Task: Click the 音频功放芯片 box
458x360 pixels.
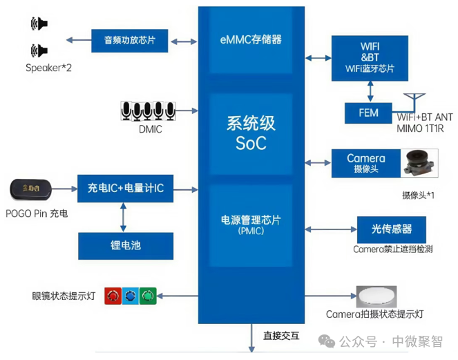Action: coord(131,41)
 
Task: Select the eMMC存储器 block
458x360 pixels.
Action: coord(250,40)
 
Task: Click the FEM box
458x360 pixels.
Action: coord(369,113)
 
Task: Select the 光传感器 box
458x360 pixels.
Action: coord(389,228)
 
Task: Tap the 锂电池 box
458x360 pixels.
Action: coord(124,245)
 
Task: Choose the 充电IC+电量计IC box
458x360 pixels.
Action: coord(125,188)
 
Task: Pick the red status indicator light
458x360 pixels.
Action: coord(113,296)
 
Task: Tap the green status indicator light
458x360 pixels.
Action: coord(148,296)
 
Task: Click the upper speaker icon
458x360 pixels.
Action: coord(39,25)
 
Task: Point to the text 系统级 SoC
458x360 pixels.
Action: coord(251,133)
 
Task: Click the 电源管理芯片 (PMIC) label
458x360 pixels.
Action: coord(250,225)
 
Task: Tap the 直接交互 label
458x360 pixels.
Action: coord(281,337)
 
